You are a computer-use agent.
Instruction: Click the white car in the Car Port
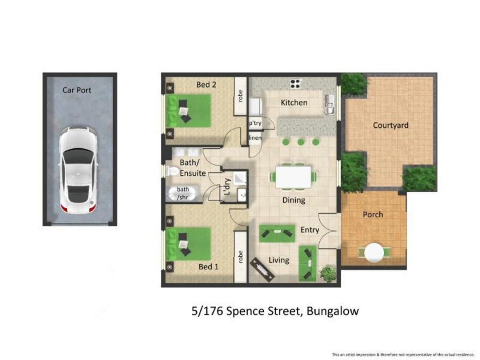pyautogui.click(x=78, y=170)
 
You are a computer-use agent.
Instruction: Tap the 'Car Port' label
pyautogui.click(x=77, y=91)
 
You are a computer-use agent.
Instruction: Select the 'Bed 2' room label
pyautogui.click(x=206, y=85)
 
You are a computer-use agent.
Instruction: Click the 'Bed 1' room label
pyautogui.click(x=208, y=266)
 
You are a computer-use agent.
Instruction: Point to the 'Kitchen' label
pyautogui.click(x=294, y=103)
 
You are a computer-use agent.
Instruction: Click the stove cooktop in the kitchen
pyautogui.click(x=296, y=83)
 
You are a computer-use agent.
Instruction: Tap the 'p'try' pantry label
pyautogui.click(x=255, y=123)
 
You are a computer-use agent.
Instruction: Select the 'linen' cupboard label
pyautogui.click(x=255, y=138)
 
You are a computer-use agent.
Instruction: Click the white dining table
pyautogui.click(x=293, y=177)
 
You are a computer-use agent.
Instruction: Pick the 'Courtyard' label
pyautogui.click(x=391, y=125)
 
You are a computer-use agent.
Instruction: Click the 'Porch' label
pyautogui.click(x=373, y=215)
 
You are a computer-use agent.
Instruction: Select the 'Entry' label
pyautogui.click(x=310, y=230)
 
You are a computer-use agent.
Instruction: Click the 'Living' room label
pyautogui.click(x=278, y=260)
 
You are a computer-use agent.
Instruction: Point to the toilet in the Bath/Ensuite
pyautogui.click(x=173, y=171)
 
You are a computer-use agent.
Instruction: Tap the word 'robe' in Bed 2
pyautogui.click(x=241, y=95)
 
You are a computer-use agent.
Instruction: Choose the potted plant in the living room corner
pyautogui.click(x=328, y=274)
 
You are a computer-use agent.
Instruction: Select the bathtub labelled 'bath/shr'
pyautogui.click(x=180, y=194)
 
